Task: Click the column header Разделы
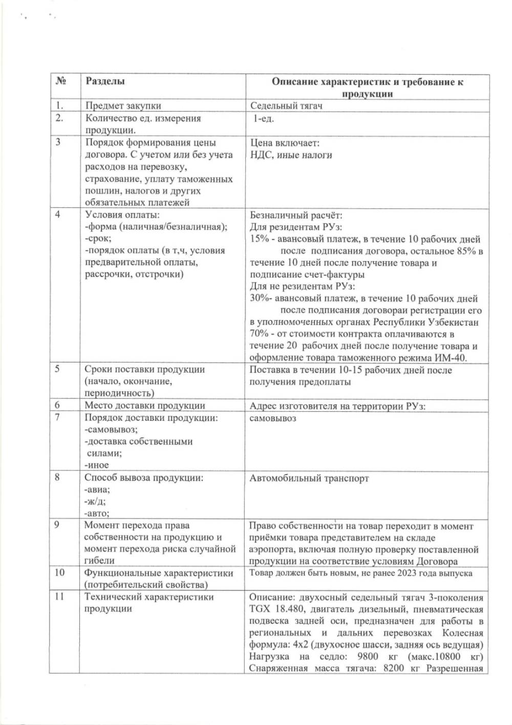pos(105,81)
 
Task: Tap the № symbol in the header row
pos(61,81)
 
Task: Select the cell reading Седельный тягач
pos(286,106)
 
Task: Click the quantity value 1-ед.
pos(264,118)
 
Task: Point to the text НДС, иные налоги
pos(291,155)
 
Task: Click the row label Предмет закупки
pos(123,106)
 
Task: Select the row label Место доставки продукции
pos(145,406)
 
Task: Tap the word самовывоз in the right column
pos(273,418)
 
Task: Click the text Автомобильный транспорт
pos(309,478)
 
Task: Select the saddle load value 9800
pos(368,656)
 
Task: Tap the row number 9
pos(57,525)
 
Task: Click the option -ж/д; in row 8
pos(95,502)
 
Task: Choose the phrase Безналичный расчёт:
pos(296,215)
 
